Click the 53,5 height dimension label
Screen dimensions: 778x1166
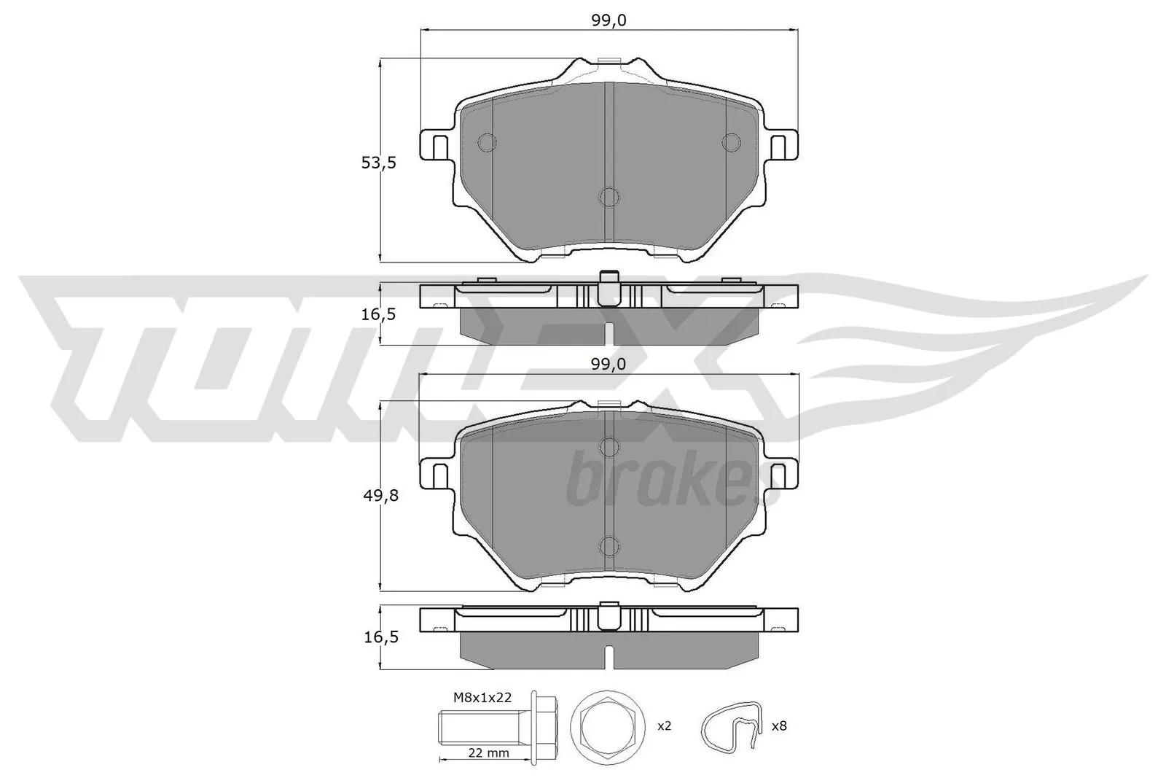tap(378, 163)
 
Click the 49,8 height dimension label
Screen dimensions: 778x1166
tap(378, 495)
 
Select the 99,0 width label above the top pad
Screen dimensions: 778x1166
tap(609, 20)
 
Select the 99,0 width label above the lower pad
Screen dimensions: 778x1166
tap(609, 363)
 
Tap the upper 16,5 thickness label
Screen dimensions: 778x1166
tap(378, 314)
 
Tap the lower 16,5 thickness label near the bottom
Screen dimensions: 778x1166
tap(378, 637)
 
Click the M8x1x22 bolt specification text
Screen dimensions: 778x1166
tap(482, 697)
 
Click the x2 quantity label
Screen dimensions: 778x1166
tap(663, 726)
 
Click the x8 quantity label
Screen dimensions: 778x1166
tap(778, 726)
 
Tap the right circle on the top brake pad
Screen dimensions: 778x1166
tap(729, 142)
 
